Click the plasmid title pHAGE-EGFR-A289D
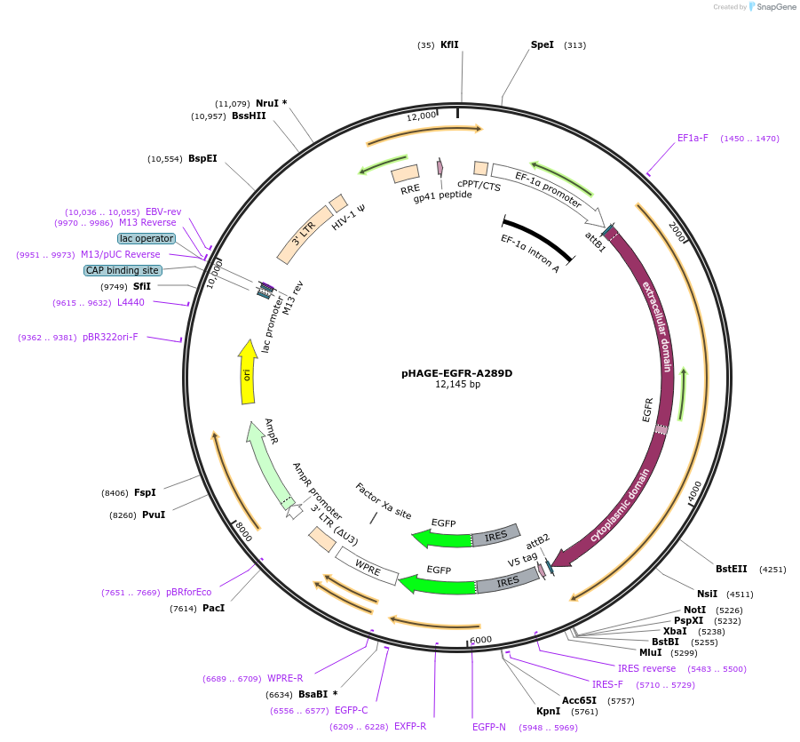456,373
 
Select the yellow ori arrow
249,373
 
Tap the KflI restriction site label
449,44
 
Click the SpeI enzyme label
542,44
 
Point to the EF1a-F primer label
693,139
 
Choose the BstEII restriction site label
732,570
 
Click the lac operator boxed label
147,238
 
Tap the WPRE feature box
367,564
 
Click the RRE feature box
406,173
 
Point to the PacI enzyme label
213,609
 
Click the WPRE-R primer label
285,679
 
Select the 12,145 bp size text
456,385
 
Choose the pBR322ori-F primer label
110,338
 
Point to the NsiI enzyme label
707,594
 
